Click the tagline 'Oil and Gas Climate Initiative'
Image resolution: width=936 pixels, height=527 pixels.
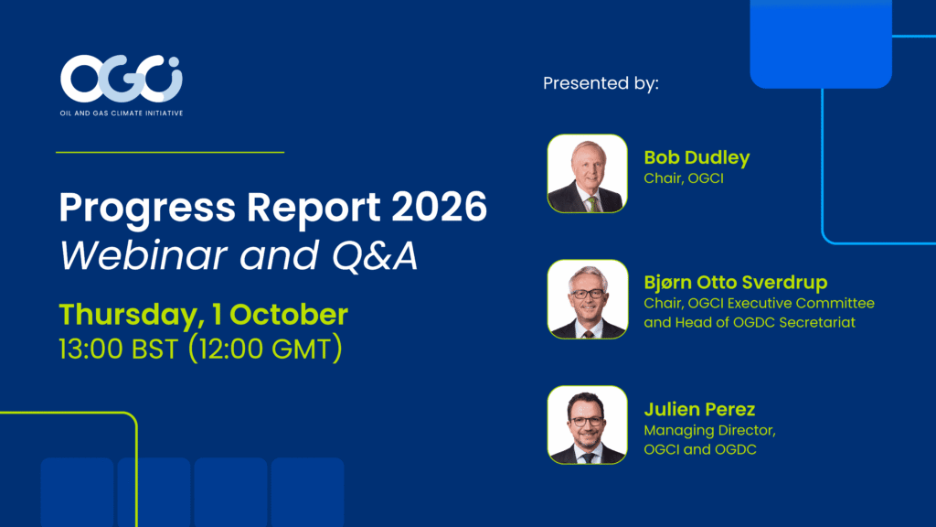pyautogui.click(x=122, y=113)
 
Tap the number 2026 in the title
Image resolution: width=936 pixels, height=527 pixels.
pyautogui.click(x=440, y=208)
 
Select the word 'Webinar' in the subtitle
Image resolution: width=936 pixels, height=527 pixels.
pyautogui.click(x=144, y=256)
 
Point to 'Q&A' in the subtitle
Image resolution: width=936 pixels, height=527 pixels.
pyautogui.click(x=375, y=256)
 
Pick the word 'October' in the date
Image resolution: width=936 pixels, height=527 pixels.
pyautogui.click(x=288, y=315)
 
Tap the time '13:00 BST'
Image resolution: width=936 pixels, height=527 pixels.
pyautogui.click(x=118, y=350)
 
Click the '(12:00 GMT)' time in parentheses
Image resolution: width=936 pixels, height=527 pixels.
pyautogui.click(x=265, y=349)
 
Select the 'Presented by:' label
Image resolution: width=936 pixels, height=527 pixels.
pyautogui.click(x=601, y=83)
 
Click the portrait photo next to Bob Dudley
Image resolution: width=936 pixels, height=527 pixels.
pyautogui.click(x=588, y=173)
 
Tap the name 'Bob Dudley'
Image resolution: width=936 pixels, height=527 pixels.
pyautogui.click(x=697, y=157)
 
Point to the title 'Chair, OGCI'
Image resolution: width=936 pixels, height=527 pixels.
pyautogui.click(x=684, y=178)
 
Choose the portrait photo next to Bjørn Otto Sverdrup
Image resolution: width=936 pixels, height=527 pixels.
pyautogui.click(x=588, y=299)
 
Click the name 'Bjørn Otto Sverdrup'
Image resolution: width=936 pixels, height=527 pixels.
pyautogui.click(x=736, y=282)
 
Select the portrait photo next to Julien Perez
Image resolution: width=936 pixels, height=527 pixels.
pyautogui.click(x=588, y=425)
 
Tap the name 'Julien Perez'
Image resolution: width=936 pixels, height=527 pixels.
pyautogui.click(x=699, y=409)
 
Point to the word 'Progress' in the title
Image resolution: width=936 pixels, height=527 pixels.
pyautogui.click(x=147, y=209)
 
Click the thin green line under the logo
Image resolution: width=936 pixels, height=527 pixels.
pyautogui.click(x=170, y=153)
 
